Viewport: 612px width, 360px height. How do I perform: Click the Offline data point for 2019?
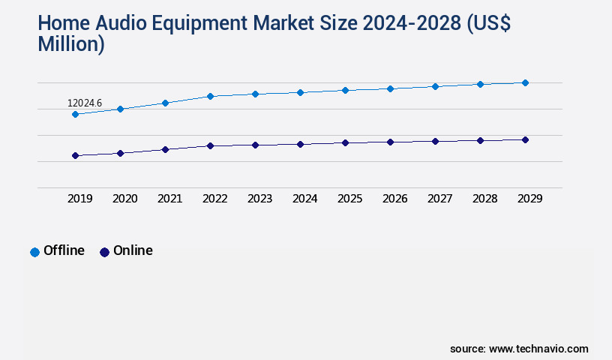click(75, 114)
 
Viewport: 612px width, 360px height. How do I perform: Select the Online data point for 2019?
click(75, 155)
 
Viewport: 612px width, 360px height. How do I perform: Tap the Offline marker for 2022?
click(210, 96)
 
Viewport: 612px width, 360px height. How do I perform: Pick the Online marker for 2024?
click(300, 144)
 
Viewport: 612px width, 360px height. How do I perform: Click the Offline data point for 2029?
click(525, 82)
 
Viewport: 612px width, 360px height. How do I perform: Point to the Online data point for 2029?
click(525, 139)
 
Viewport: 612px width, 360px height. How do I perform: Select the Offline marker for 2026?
click(390, 88)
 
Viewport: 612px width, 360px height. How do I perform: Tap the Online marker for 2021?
click(165, 149)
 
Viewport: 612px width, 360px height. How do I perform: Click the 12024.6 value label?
click(84, 103)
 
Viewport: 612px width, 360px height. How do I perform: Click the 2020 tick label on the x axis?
click(124, 199)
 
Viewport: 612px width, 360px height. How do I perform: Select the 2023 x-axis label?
click(259, 199)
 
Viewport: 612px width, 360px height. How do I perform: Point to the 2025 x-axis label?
click(349, 199)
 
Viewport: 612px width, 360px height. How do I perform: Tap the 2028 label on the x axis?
click(484, 199)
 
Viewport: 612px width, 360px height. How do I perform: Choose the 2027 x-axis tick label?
click(439, 199)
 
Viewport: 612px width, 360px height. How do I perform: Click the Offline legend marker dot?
click(34, 252)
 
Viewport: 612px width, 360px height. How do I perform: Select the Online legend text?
click(133, 250)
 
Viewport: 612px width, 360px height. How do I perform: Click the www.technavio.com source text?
click(538, 349)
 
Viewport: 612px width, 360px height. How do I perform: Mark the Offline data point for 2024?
click(300, 92)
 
